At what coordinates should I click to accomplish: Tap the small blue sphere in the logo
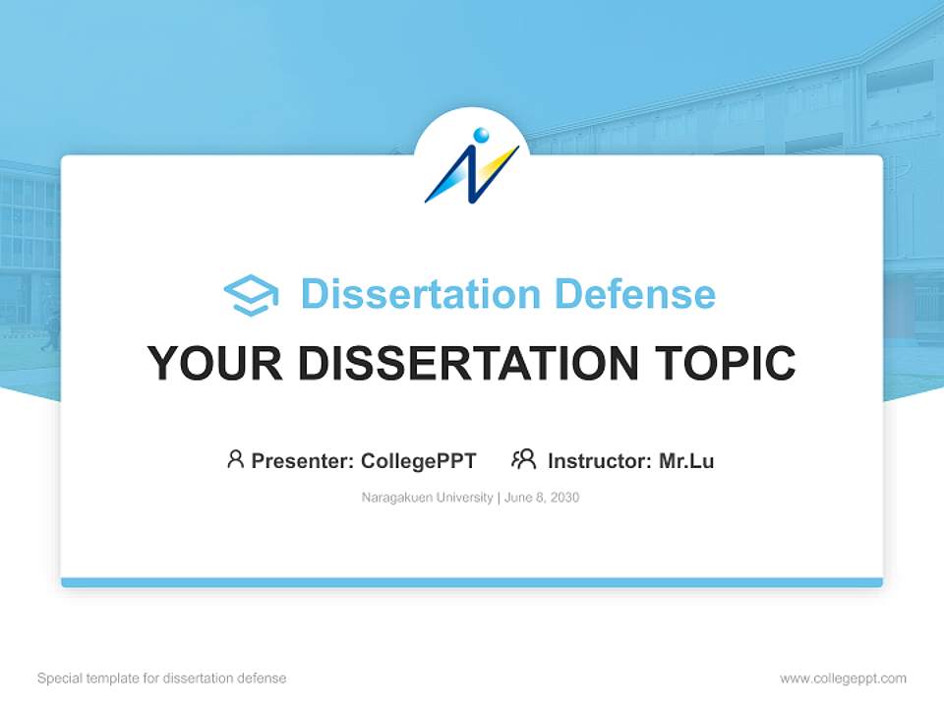pyautogui.click(x=481, y=135)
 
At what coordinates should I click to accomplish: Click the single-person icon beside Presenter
pyautogui.click(x=235, y=459)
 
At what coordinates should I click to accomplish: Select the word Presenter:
pyautogui.click(x=303, y=460)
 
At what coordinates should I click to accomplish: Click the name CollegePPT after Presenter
pyautogui.click(x=419, y=460)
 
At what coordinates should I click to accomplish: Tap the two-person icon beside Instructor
pyautogui.click(x=523, y=459)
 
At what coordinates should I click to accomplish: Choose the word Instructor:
pyautogui.click(x=600, y=460)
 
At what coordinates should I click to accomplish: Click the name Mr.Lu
pyautogui.click(x=686, y=460)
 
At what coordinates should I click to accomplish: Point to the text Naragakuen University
pyautogui.click(x=427, y=498)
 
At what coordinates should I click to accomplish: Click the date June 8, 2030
pyautogui.click(x=542, y=498)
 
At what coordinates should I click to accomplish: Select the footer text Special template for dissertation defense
pyautogui.click(x=162, y=678)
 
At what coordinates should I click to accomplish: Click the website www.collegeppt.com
pyautogui.click(x=843, y=678)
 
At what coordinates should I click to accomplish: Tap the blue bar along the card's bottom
pyautogui.click(x=472, y=582)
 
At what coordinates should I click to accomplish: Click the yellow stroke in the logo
pyautogui.click(x=499, y=164)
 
